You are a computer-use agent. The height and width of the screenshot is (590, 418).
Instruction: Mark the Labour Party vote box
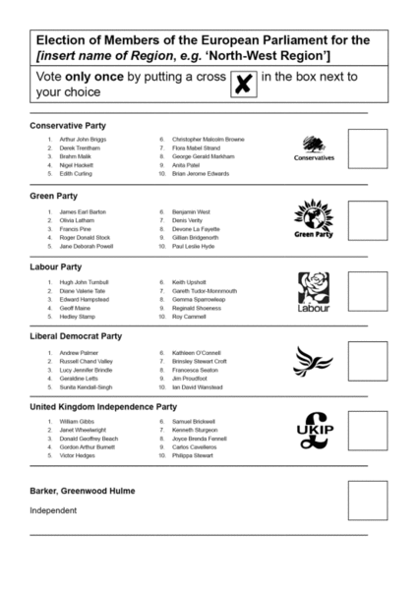click(368, 291)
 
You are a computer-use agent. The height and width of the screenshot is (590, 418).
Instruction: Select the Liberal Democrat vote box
click(368, 361)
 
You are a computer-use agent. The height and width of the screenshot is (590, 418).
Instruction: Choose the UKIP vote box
click(368, 432)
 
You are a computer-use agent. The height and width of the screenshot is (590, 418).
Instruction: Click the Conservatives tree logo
click(315, 148)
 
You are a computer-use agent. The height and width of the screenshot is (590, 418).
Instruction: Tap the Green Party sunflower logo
click(315, 219)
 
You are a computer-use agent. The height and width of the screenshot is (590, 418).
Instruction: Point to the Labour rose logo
click(314, 291)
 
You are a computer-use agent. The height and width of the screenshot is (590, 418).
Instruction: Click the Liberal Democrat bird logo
click(315, 360)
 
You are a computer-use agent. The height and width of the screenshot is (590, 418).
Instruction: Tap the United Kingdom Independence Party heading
click(103, 406)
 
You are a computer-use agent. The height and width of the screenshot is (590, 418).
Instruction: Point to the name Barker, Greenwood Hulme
click(83, 491)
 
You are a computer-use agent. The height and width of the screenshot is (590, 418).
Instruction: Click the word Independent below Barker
click(52, 510)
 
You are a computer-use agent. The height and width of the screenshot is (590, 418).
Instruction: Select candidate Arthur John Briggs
click(83, 140)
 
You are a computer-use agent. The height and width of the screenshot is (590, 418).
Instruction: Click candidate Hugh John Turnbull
click(84, 281)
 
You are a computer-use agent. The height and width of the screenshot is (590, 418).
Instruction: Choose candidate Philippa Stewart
click(192, 456)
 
